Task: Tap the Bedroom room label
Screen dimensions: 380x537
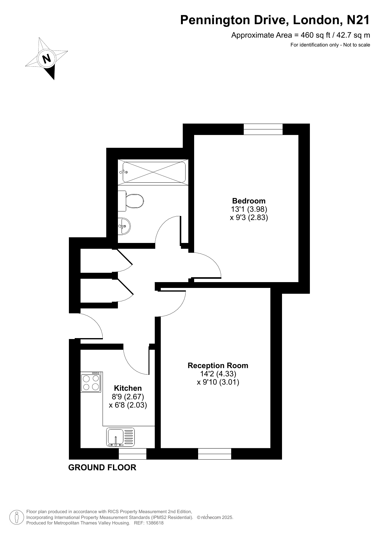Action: (x=249, y=201)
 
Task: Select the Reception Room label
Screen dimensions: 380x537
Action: (x=218, y=366)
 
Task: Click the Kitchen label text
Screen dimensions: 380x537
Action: (x=128, y=388)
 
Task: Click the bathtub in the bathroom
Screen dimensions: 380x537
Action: (x=153, y=172)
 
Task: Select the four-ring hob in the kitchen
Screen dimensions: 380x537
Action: (x=91, y=382)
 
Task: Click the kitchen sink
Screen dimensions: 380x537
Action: (x=120, y=437)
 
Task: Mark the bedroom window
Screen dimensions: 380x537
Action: (x=263, y=129)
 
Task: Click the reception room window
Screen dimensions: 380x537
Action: (x=215, y=454)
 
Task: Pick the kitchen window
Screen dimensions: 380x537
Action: (x=133, y=454)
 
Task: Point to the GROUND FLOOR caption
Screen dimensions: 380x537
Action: (x=102, y=468)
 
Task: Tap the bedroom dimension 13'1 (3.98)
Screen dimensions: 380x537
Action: (x=249, y=209)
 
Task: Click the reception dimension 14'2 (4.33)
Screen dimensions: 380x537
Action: (x=218, y=374)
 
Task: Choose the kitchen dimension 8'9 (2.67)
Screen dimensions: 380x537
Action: (x=128, y=397)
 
